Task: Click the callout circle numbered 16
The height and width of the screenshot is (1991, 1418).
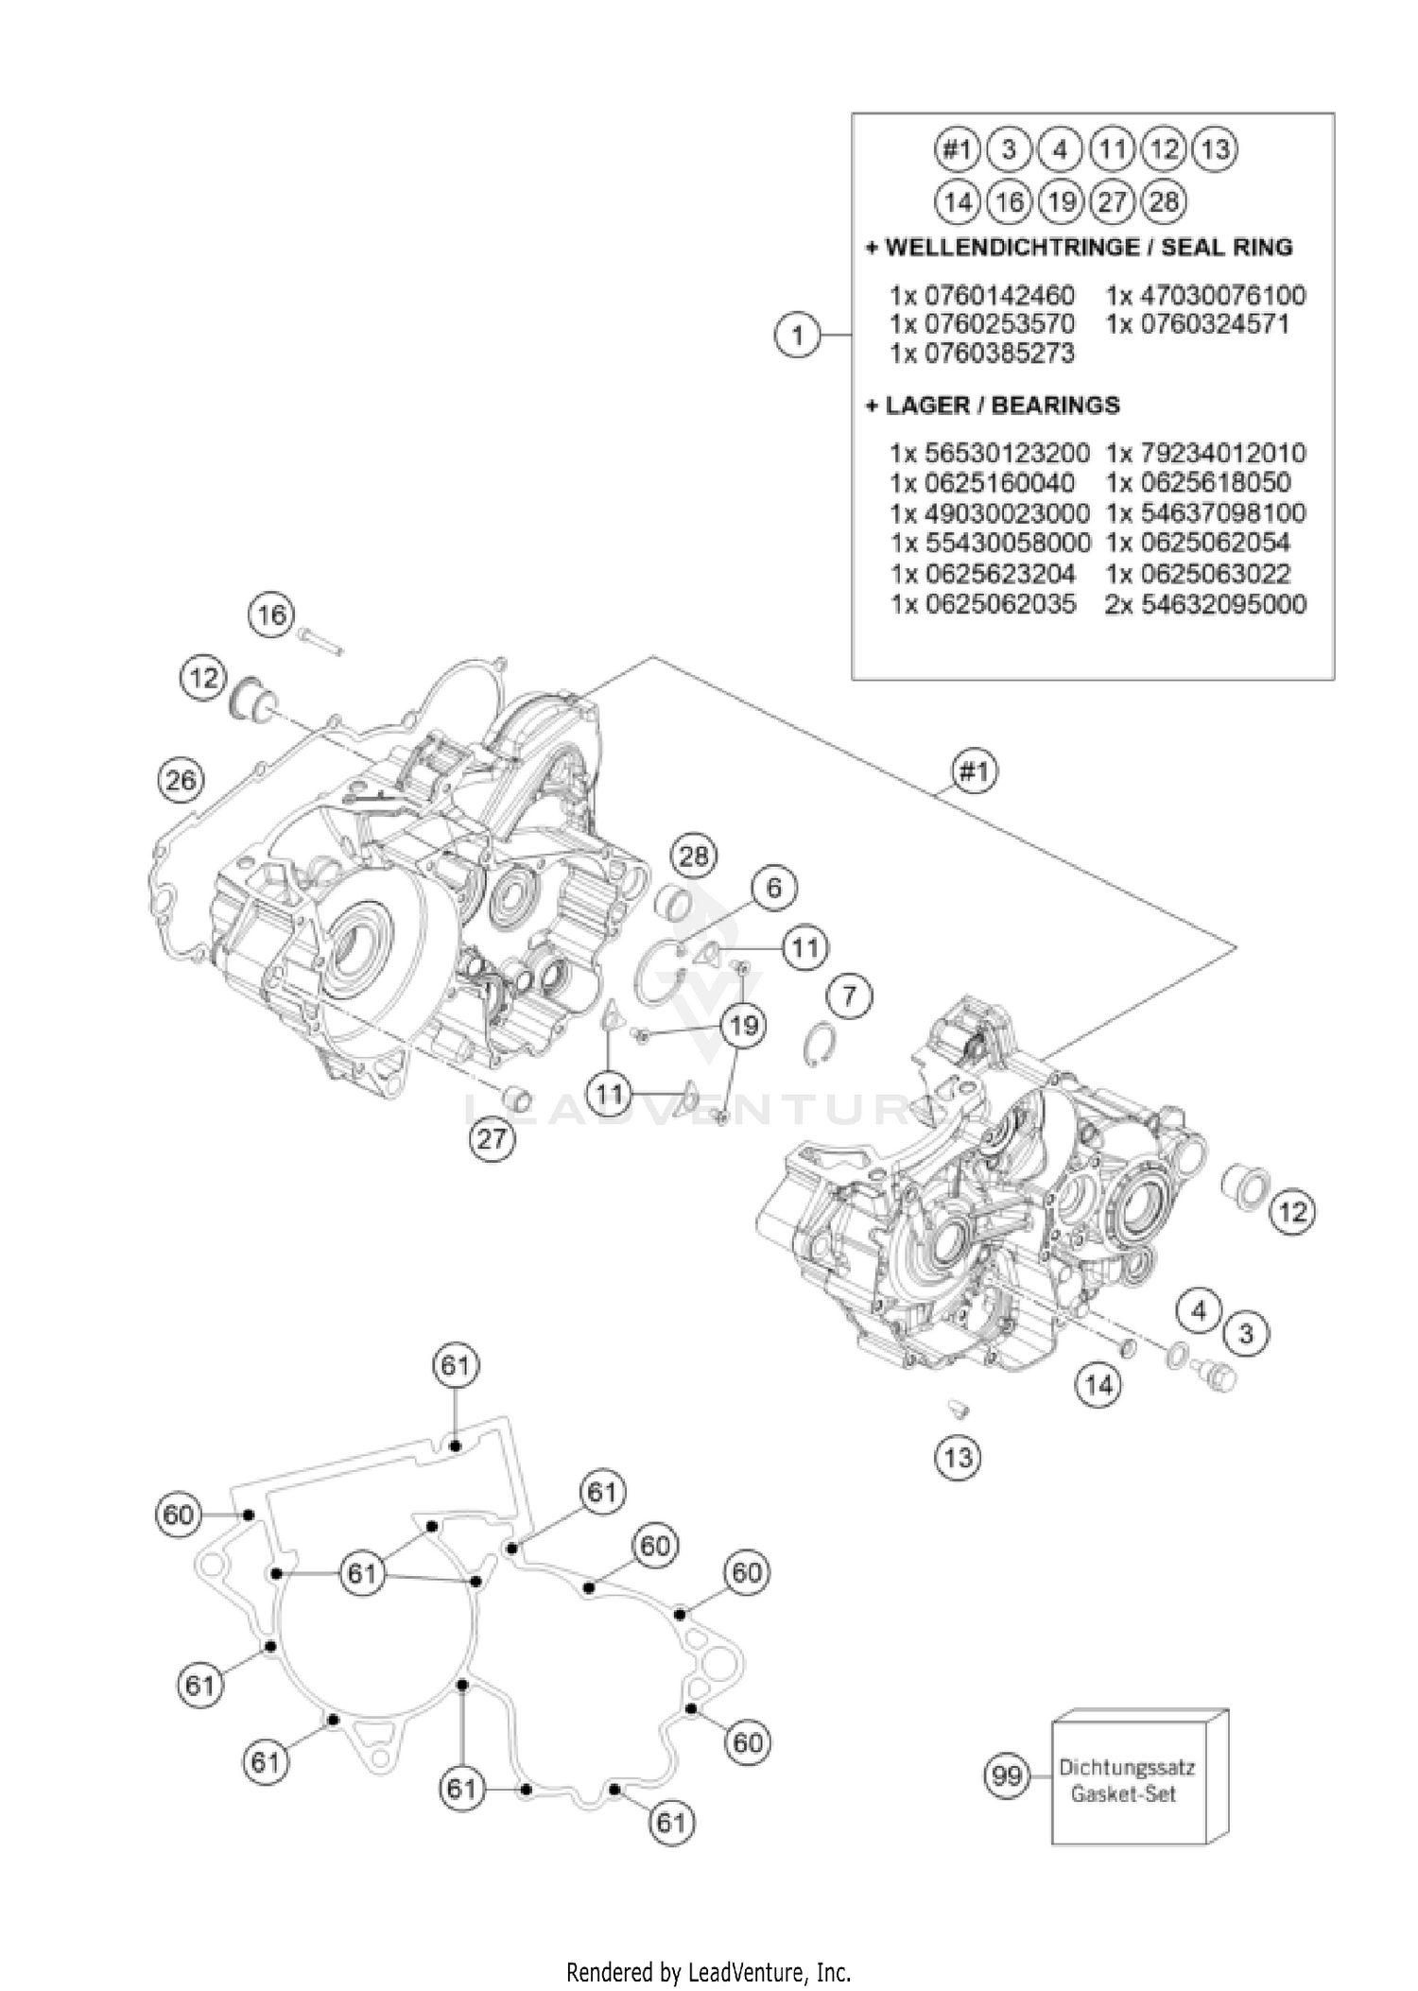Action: (271, 615)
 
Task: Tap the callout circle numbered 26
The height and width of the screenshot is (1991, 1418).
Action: (181, 780)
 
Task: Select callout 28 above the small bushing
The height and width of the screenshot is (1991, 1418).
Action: (694, 857)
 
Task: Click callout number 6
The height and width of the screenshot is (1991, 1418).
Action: (774, 888)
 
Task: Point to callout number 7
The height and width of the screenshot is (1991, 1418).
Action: (849, 995)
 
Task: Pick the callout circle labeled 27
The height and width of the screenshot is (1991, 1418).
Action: (492, 1138)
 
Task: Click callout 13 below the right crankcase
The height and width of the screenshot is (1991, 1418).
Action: (958, 1457)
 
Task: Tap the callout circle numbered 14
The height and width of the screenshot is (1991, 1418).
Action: (1098, 1386)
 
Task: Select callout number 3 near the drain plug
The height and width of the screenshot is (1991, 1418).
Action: (1245, 1334)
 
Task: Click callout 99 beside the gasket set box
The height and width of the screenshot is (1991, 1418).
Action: (1008, 1776)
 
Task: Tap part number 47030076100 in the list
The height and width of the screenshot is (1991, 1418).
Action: (1206, 295)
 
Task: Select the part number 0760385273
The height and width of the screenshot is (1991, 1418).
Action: (982, 354)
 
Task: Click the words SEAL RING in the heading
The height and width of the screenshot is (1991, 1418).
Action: (1226, 248)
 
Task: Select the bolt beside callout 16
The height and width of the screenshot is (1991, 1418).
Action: (320, 640)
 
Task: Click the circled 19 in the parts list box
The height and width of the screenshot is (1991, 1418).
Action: (1061, 201)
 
